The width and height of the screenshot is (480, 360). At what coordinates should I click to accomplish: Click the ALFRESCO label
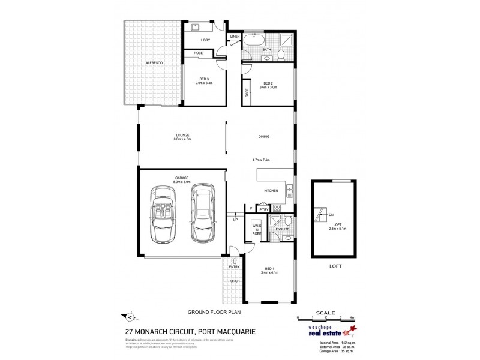click(154, 63)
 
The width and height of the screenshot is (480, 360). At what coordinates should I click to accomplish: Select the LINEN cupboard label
click(235, 37)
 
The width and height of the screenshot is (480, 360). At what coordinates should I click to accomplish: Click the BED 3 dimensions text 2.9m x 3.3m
click(204, 83)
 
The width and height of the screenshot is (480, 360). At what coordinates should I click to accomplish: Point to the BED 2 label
click(268, 83)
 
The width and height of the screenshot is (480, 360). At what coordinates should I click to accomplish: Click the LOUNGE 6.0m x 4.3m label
click(182, 137)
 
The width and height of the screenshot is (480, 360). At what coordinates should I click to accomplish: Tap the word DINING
click(264, 137)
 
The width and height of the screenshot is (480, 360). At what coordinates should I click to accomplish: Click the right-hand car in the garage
click(202, 212)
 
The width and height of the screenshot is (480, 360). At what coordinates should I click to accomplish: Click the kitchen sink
click(289, 190)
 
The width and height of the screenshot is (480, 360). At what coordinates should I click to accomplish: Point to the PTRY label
click(262, 209)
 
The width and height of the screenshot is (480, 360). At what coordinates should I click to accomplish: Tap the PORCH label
click(234, 281)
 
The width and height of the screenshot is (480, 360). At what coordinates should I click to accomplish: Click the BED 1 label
click(268, 269)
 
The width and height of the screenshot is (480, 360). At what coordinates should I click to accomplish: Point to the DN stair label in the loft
click(331, 216)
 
